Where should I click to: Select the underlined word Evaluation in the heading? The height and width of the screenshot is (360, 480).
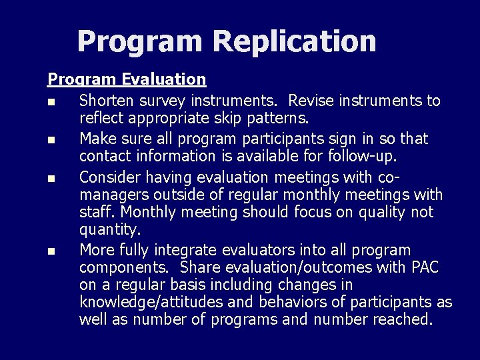tap(165, 79)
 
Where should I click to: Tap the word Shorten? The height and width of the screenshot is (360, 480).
tap(106, 101)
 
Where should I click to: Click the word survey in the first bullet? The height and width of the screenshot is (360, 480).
tap(163, 101)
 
